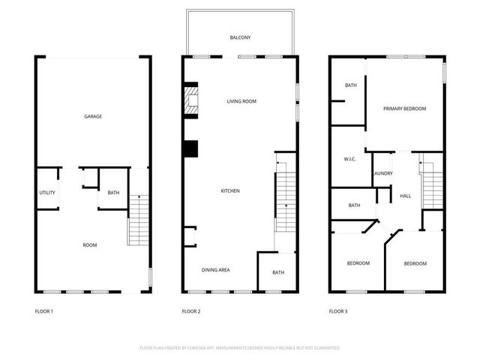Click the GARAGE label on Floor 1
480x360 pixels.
(93, 116)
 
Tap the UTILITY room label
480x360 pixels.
(47, 193)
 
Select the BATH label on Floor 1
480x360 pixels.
(113, 193)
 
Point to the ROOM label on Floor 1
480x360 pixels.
(89, 245)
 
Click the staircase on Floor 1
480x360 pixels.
(139, 220)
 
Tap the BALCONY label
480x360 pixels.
(240, 37)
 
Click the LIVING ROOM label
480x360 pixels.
(242, 100)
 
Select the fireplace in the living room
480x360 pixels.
(193, 100)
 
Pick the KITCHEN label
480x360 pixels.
(230, 191)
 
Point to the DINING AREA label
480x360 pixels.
(215, 270)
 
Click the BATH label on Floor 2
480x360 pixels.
(278, 272)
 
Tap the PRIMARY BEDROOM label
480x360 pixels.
(404, 109)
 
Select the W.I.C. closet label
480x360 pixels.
(349, 159)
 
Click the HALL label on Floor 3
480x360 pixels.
(405, 196)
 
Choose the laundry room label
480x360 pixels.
(383, 174)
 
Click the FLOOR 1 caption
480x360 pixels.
(44, 311)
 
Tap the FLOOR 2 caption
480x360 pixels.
(191, 311)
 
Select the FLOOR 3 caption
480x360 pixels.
(338, 311)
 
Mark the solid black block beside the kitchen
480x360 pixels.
(190, 149)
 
